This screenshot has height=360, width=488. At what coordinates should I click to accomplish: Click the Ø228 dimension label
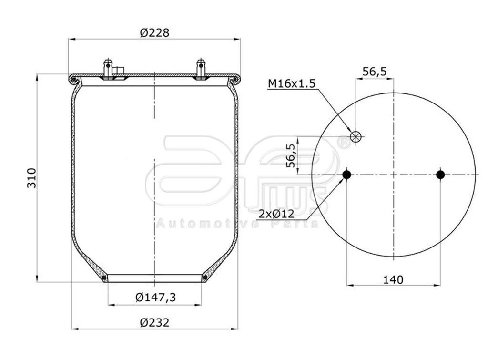click(155, 32)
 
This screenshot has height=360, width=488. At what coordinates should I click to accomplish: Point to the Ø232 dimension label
click(155, 322)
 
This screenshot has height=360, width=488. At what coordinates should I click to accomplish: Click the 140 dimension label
click(393, 279)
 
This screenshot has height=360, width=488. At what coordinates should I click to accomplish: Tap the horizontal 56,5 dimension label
click(374, 72)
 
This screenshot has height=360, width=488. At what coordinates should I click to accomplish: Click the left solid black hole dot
click(347, 175)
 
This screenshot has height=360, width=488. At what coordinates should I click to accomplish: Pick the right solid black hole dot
click(440, 175)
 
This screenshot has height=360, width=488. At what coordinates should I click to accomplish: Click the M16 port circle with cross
click(356, 137)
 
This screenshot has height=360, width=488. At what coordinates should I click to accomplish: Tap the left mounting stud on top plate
click(108, 68)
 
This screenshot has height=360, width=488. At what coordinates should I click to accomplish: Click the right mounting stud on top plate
click(201, 68)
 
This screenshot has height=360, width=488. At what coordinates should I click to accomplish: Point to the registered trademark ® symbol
click(343, 142)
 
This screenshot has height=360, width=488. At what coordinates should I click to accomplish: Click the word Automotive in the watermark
click(207, 223)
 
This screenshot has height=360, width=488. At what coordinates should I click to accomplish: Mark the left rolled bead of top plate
click(73, 79)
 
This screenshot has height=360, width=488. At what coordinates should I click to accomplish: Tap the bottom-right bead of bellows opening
click(205, 278)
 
